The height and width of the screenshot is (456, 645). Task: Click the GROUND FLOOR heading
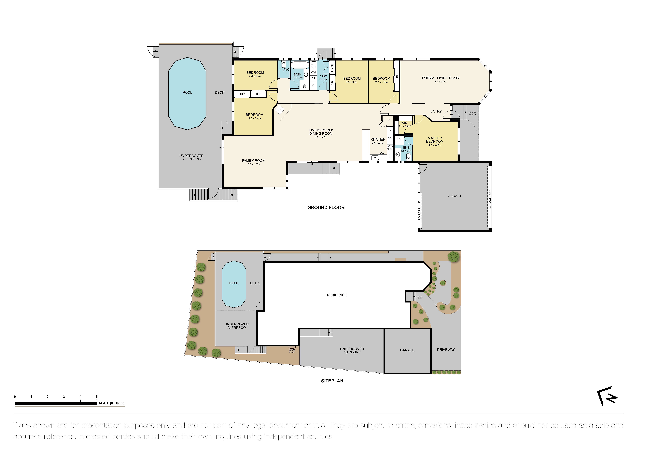pyautogui.click(x=326, y=208)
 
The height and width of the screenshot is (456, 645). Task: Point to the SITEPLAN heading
pyautogui.click(x=332, y=381)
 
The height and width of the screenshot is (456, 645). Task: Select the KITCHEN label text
pyautogui.click(x=378, y=139)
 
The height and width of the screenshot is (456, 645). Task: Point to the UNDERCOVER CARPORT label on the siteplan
pyautogui.click(x=352, y=350)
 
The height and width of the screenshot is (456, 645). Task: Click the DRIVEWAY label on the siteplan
pyautogui.click(x=446, y=350)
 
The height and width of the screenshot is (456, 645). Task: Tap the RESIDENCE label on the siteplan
pyautogui.click(x=337, y=295)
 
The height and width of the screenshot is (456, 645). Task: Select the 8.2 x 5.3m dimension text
pyautogui.click(x=321, y=137)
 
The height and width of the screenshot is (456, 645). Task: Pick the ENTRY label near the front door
pyautogui.click(x=436, y=112)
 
